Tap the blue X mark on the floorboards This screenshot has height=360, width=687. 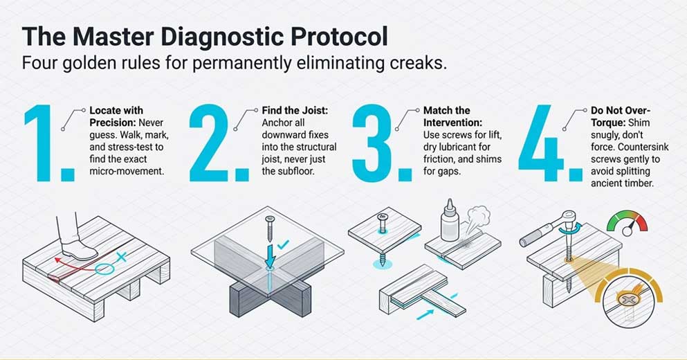[x=122, y=258]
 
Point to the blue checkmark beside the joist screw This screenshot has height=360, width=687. [x=282, y=244]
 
